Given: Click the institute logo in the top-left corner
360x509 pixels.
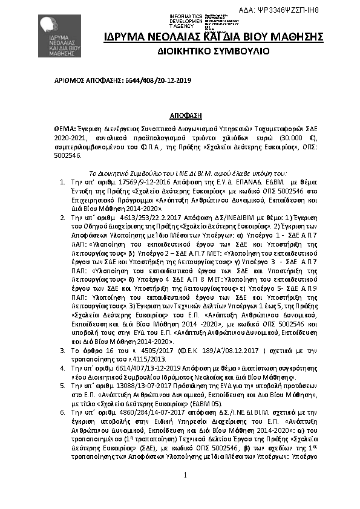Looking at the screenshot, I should coord(58,36).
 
